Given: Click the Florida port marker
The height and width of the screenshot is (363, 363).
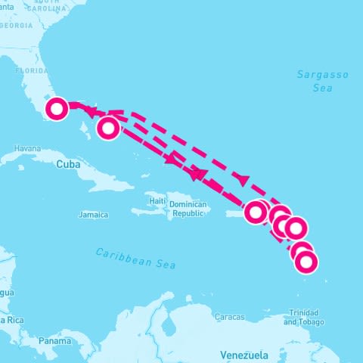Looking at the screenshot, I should click(57, 109).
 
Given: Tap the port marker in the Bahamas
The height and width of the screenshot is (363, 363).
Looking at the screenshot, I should click(108, 129).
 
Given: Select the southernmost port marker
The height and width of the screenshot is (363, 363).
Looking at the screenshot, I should click(306, 262).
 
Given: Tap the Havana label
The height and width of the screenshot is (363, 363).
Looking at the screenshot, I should click(26, 147).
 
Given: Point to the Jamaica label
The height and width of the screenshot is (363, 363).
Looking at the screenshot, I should click(93, 215).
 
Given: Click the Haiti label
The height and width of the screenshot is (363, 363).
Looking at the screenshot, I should click(157, 200).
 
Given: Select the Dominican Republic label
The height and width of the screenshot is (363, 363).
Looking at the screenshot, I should click(188, 209).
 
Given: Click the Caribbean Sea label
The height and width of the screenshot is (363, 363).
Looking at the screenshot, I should click(136, 258).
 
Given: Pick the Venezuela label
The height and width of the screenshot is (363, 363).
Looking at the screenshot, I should click(244, 355).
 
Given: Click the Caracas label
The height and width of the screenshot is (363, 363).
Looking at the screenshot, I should click(229, 316).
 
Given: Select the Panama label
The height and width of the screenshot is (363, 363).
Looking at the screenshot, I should click(55, 341).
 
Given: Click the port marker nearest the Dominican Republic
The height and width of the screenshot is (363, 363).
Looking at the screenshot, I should click(257, 211).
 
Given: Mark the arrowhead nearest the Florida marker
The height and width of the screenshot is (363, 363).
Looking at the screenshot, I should click(88, 112).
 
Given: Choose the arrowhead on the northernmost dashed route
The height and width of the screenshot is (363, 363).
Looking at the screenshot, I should click(242, 179).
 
